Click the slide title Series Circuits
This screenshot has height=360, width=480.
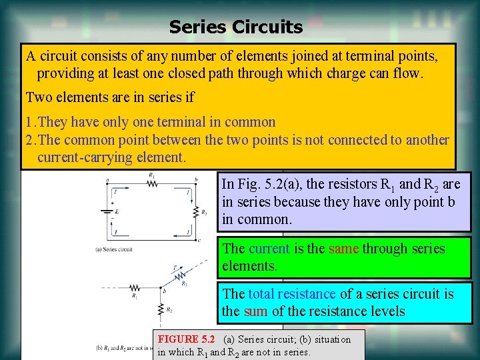[235, 27]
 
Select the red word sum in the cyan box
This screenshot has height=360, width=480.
[255, 311]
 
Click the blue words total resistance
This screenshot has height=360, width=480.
[292, 293]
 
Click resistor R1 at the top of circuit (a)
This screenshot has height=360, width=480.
[153, 183]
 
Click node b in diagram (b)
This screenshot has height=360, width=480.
[163, 291]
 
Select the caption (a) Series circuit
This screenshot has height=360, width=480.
[114, 249]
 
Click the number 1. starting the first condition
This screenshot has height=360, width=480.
[31, 122]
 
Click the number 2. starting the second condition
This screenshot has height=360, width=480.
[31, 140]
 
